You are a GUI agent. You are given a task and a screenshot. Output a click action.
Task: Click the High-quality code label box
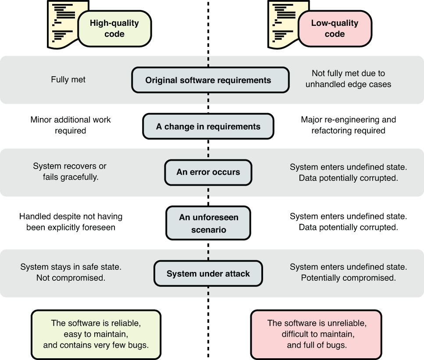click(114, 28)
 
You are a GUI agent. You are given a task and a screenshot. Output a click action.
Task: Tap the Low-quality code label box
click(335, 28)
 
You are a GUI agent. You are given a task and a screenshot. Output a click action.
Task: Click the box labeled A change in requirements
click(208, 127)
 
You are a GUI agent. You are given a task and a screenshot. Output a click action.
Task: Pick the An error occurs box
click(208, 172)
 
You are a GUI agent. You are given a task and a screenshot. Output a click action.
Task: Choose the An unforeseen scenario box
click(208, 223)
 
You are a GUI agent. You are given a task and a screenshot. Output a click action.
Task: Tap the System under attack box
click(208, 274)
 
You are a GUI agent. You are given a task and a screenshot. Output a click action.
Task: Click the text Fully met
click(68, 80)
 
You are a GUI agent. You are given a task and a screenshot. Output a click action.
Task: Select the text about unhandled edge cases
click(349, 79)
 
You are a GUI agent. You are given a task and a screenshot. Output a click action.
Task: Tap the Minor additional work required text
click(71, 125)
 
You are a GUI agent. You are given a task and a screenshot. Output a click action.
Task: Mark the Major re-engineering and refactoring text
click(349, 125)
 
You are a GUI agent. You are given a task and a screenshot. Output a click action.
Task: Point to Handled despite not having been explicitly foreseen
click(71, 222)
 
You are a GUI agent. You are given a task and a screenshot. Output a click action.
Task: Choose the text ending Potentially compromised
click(349, 272)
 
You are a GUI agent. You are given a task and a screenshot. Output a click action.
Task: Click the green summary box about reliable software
click(96, 334)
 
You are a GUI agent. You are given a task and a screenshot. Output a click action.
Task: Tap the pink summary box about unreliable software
click(317, 334)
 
